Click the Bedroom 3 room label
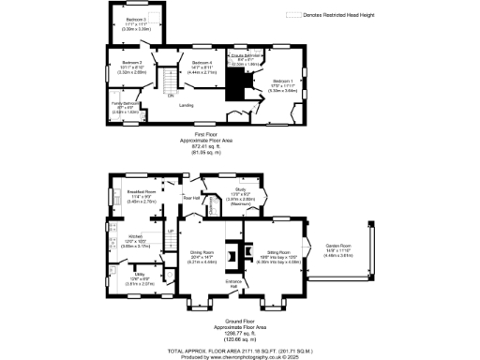(x=138, y=20)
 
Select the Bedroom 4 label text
(x=202, y=61)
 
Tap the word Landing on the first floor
(x=186, y=105)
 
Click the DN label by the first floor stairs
(x=171, y=96)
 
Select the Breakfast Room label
(x=141, y=191)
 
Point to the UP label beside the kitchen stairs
(x=170, y=231)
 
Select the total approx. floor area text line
(x=239, y=348)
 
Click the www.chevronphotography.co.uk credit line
(x=239, y=354)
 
